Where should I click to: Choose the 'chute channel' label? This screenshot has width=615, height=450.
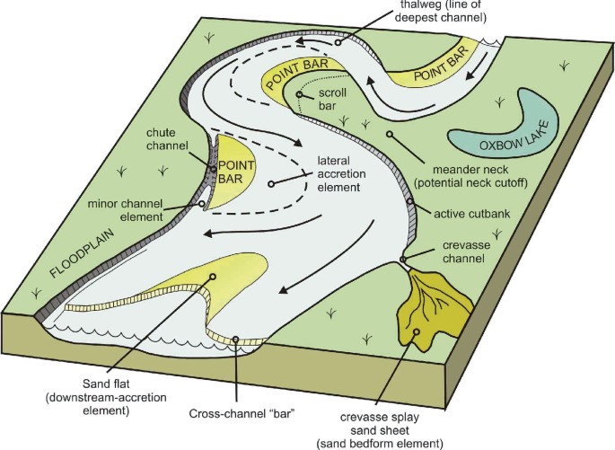tap(166, 139)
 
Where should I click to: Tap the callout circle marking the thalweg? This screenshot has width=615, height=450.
tap(338, 42)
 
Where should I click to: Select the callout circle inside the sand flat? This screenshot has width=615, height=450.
tap(214, 277)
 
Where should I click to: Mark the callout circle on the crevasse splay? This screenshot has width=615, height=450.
tap(417, 333)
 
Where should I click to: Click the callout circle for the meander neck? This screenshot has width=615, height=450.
tap(390, 135)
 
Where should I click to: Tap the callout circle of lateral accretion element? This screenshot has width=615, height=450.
tap(270, 185)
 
